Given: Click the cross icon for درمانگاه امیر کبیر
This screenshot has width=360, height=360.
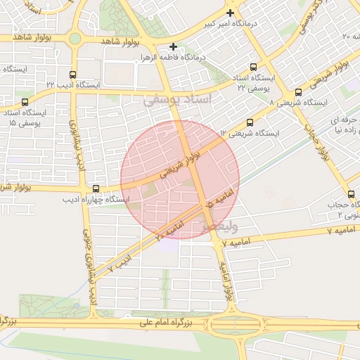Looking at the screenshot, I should [x=230, y=13].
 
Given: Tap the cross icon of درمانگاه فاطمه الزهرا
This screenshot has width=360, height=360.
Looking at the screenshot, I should [x=173, y=46].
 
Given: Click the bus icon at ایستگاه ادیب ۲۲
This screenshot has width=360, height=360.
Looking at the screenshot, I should [x=73, y=74].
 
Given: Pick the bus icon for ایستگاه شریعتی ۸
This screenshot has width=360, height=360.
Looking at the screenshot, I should [x=299, y=92].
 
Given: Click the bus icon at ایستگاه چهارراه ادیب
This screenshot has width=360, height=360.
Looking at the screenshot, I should [x=96, y=188].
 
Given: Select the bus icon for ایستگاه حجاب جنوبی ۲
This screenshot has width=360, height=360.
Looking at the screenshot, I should [x=351, y=194].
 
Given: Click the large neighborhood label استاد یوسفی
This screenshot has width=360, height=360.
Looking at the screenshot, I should [x=177, y=101].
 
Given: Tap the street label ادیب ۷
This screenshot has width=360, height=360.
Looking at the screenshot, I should [x=121, y=263].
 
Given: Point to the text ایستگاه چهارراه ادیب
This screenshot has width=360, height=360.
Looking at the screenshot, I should [x=96, y=200].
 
